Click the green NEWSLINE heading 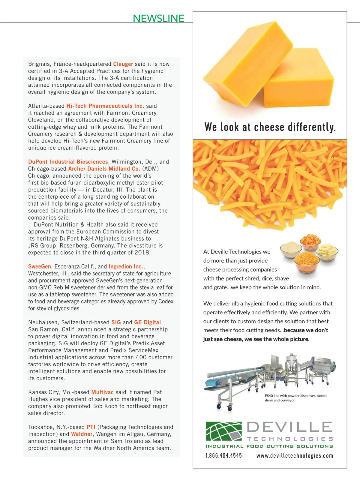coord(158,18)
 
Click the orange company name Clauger coord(123,64)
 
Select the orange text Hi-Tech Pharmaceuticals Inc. coord(105,106)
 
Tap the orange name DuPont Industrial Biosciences coord(68,162)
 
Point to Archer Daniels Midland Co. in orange coord(104,169)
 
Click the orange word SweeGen coord(40,266)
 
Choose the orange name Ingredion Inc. coord(126,266)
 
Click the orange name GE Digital coord(148,322)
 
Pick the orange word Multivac coord(102,392)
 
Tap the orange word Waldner coord(82,434)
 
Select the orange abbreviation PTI coord(91,427)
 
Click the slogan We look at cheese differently coord(270,127)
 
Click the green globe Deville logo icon coord(224,431)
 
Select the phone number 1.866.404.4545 coord(223,456)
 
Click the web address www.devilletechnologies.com coord(295,456)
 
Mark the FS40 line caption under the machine coord(296,398)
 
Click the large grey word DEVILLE coord(290,427)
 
